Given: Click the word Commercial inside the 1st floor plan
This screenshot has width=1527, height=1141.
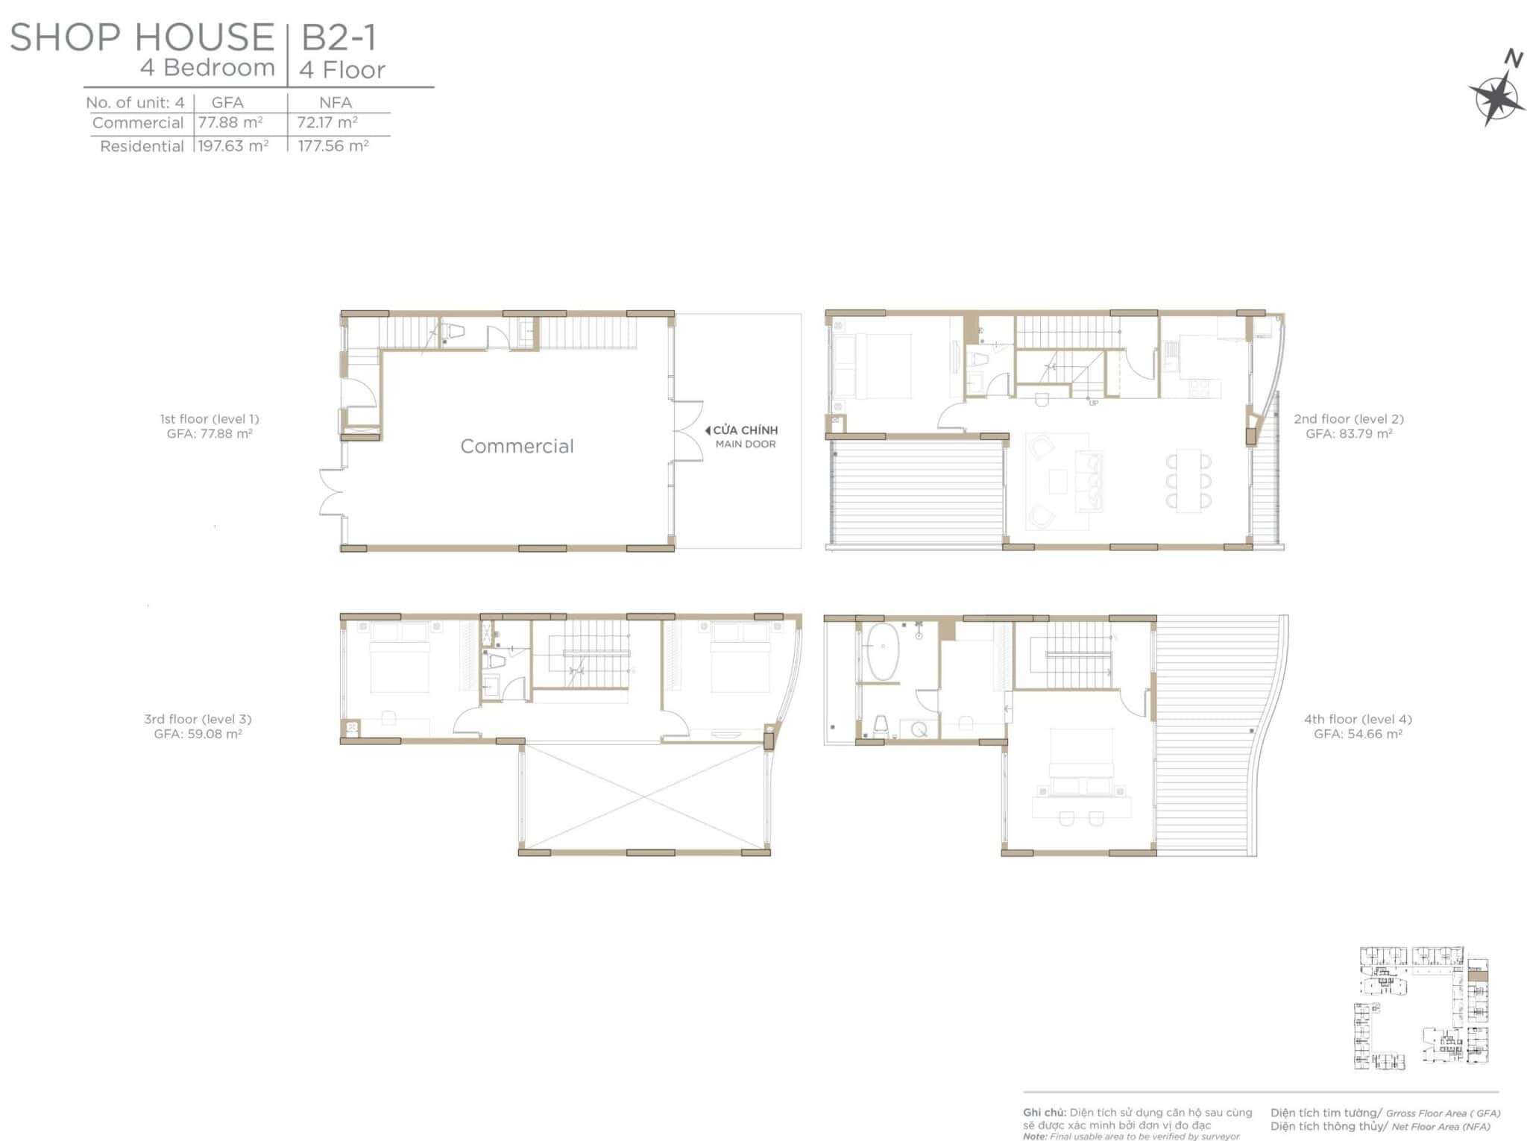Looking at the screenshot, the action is (x=517, y=446).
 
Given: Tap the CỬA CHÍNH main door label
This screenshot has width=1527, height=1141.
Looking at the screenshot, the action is (x=745, y=430).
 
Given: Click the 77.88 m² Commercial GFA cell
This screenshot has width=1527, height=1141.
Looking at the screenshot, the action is (x=230, y=122).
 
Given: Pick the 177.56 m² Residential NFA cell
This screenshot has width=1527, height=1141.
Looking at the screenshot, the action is (x=333, y=145).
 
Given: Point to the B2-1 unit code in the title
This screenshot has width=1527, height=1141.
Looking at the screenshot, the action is (x=339, y=37).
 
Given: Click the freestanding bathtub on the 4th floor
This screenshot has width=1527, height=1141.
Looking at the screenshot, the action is (x=882, y=653).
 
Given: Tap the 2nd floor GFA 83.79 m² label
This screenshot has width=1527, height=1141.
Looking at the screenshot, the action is (x=1349, y=433).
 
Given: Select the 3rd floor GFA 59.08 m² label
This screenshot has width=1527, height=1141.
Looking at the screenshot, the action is (x=198, y=734).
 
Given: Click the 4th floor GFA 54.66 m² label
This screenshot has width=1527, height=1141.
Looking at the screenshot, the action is (x=1358, y=734).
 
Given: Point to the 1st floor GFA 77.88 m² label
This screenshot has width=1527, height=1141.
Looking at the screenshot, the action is (x=210, y=433).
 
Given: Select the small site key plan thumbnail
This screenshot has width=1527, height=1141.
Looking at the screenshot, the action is (x=1420, y=1008).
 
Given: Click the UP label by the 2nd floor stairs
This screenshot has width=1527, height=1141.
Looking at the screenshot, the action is (x=1094, y=403).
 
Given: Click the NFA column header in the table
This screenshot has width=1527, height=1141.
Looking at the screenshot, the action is (x=336, y=102).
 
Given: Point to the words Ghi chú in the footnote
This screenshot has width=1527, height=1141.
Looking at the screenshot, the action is (x=1044, y=1113).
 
